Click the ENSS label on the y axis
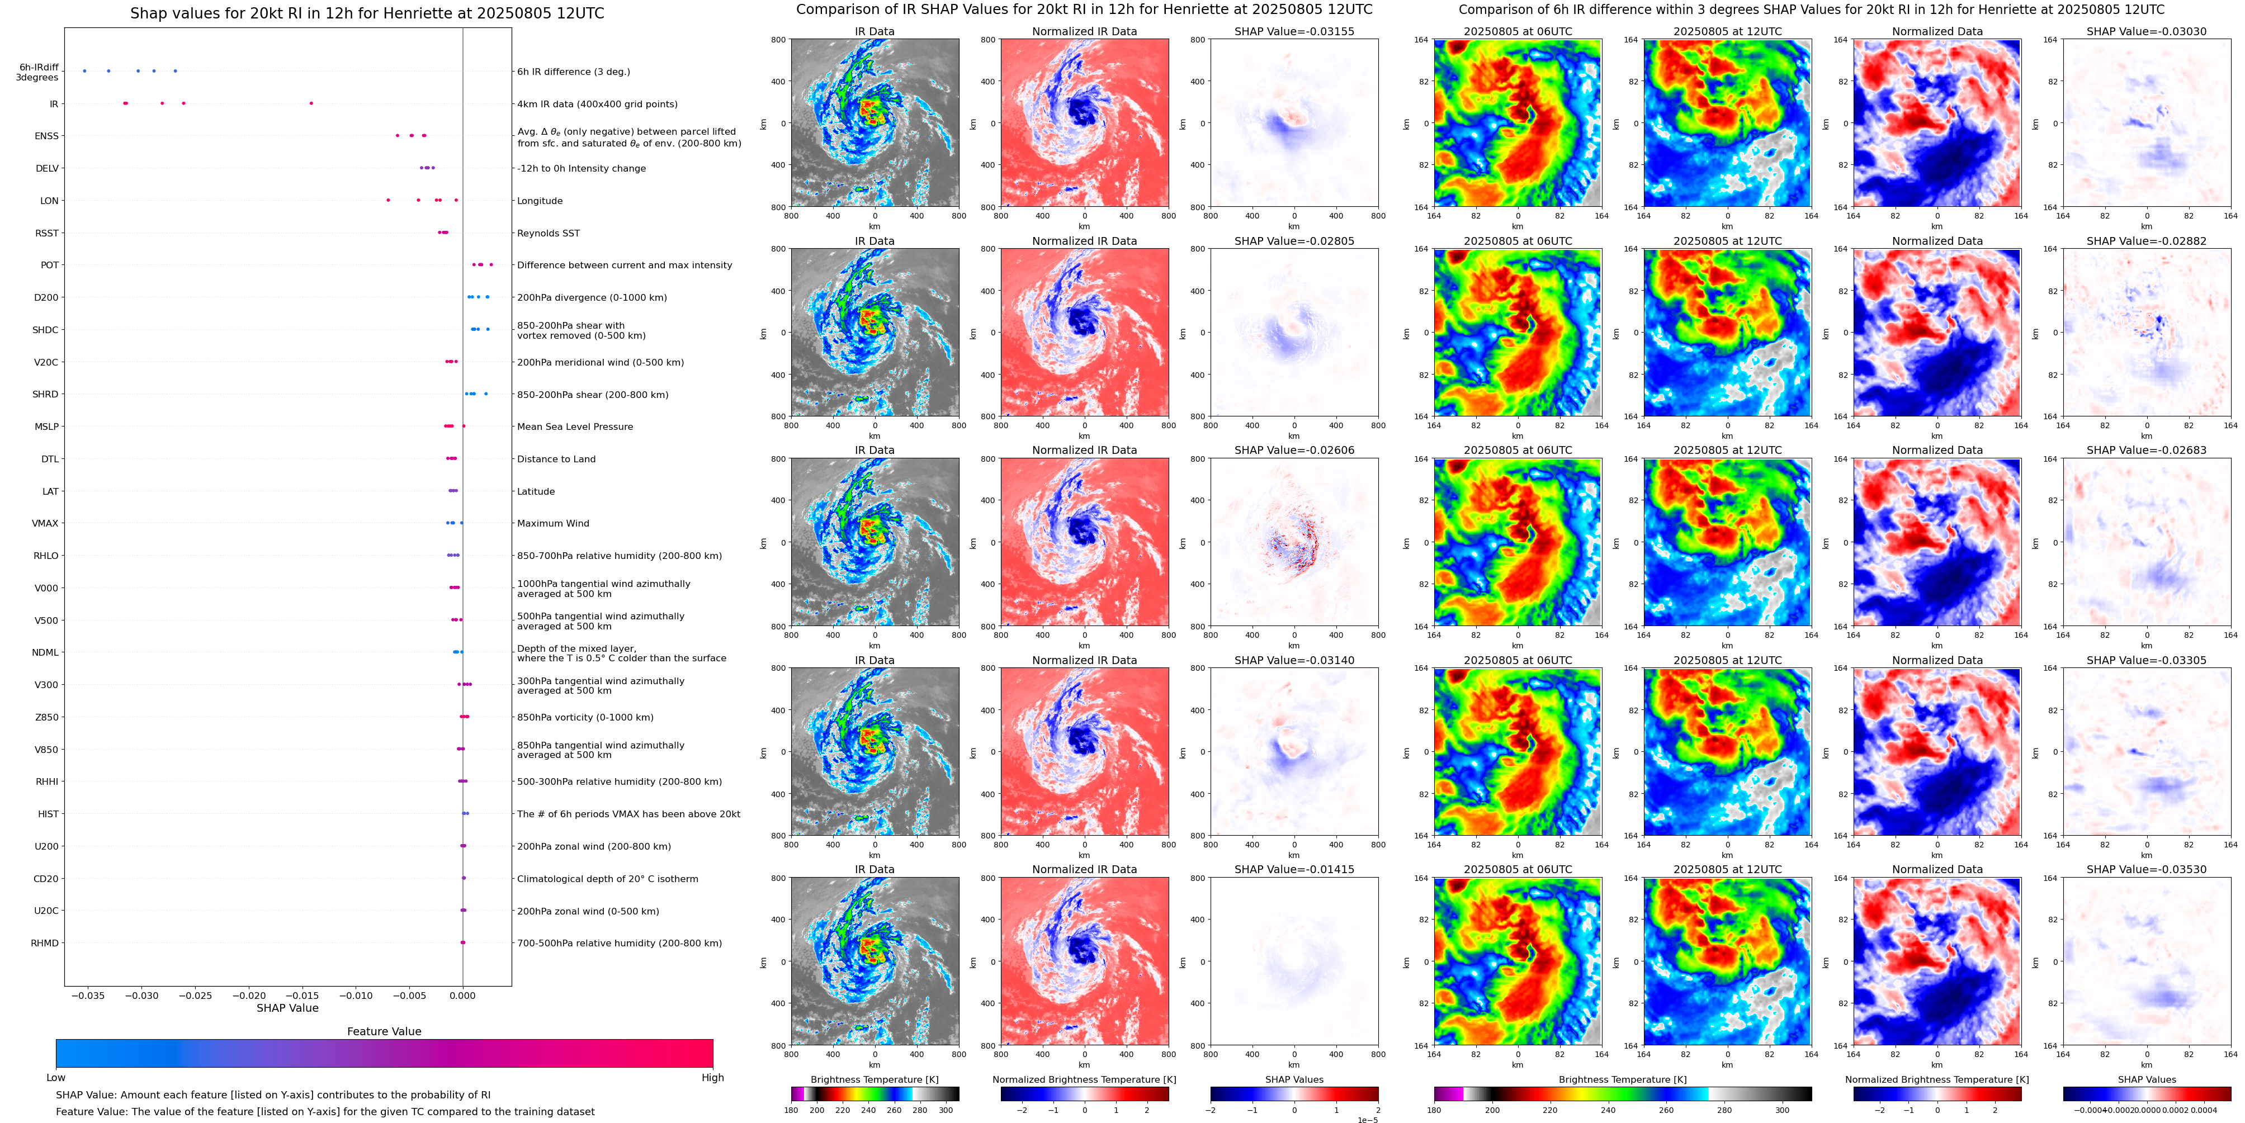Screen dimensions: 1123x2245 tap(46, 136)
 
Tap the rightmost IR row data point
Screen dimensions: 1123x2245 tap(311, 103)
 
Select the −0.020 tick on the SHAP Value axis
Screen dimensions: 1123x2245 tap(249, 995)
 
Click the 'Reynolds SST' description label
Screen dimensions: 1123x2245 tap(548, 234)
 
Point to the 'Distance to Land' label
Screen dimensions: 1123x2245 tap(556, 459)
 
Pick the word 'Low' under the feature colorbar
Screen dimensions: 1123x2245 tap(56, 1078)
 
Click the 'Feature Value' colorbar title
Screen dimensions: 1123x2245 tap(384, 1031)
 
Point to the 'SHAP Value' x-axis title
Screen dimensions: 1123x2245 tap(287, 1008)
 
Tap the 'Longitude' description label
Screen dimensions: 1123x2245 tap(540, 201)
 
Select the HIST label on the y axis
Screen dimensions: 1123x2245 tap(48, 814)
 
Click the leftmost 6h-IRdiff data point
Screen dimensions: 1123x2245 tap(84, 70)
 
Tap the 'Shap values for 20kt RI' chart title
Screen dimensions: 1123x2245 tap(367, 13)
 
